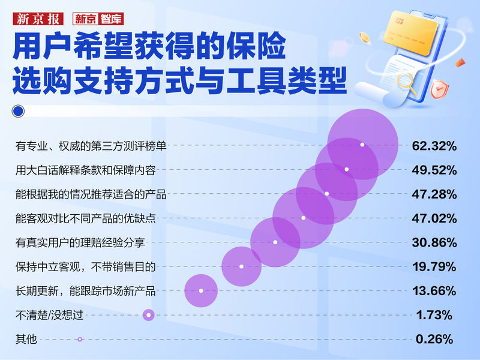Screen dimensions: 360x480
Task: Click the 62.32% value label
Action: click(434, 146)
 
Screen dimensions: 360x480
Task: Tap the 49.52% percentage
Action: click(434, 170)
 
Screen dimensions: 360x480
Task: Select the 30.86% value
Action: click(434, 242)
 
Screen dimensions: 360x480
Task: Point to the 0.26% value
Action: click(434, 339)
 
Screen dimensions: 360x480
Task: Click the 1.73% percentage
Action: click(434, 315)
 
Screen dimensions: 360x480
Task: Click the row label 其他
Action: click(26, 340)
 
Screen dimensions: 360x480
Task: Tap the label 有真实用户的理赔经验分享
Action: click(80, 242)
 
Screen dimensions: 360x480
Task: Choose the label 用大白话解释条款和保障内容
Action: click(85, 170)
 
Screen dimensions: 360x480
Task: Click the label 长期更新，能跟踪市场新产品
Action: click(85, 291)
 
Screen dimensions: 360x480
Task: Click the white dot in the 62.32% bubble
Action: click(362, 145)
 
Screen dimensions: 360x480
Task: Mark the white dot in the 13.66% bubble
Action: click(201, 291)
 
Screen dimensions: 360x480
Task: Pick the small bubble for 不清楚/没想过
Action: click(149, 315)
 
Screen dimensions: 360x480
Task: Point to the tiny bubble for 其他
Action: click(80, 339)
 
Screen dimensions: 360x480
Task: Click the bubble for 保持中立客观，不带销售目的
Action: click(241, 266)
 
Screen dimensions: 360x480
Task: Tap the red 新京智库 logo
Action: click(98, 18)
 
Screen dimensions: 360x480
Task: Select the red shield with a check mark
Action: click(440, 90)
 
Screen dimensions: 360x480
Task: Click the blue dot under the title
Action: click(18, 111)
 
